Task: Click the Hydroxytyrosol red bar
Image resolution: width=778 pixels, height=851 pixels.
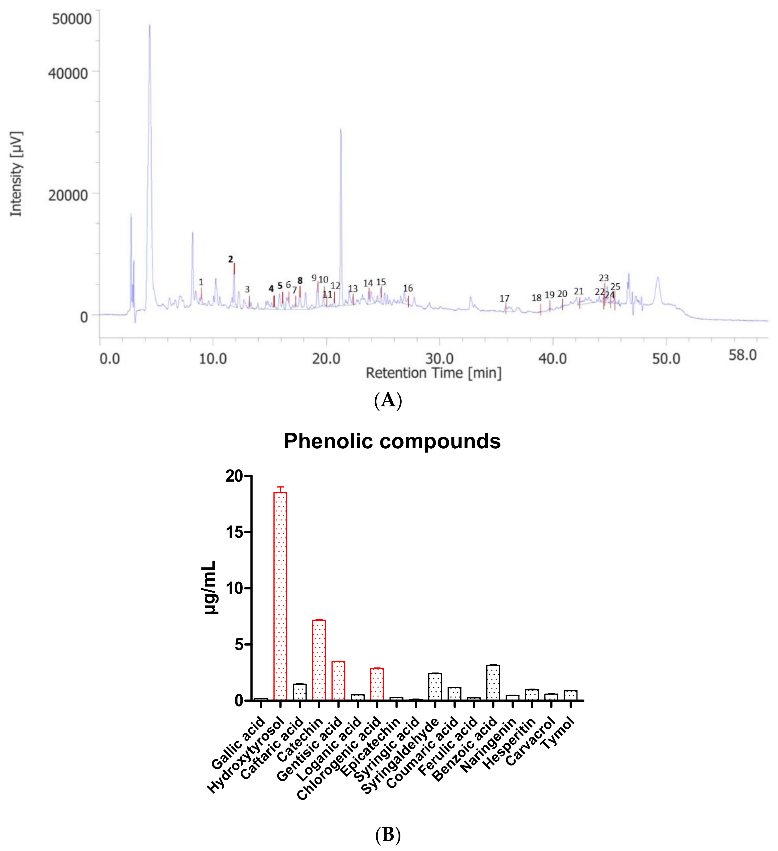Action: click(280, 596)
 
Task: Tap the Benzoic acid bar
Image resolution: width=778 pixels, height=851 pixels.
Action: click(493, 682)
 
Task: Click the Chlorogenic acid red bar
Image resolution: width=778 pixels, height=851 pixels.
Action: click(377, 684)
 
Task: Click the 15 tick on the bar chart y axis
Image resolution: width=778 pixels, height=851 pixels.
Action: click(235, 532)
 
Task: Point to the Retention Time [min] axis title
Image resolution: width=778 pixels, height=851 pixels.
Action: click(433, 373)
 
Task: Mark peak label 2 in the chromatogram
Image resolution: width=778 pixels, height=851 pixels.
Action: click(230, 259)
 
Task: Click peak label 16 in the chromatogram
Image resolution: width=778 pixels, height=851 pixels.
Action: click(408, 288)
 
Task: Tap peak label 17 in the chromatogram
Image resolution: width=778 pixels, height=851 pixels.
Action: click(504, 298)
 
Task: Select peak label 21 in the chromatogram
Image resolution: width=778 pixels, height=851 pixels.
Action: click(579, 291)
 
